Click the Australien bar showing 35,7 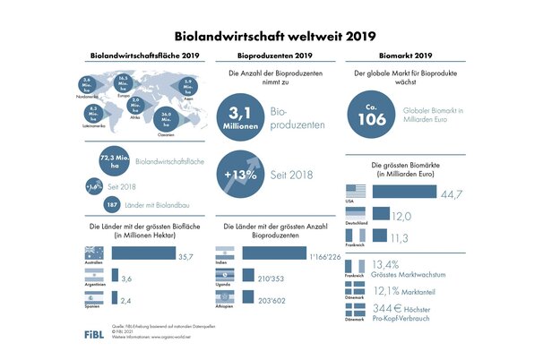click(x=142, y=254)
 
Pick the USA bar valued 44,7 click(x=402, y=193)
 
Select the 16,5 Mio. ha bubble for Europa click(x=125, y=82)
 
